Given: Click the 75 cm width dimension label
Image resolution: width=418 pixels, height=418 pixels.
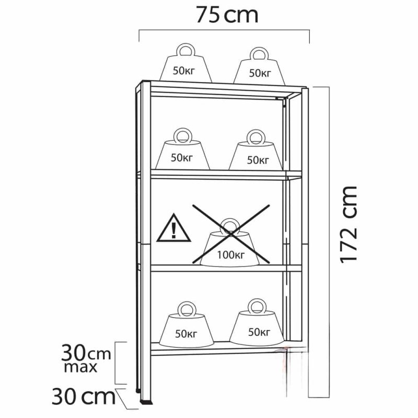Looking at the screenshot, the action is coord(227,15).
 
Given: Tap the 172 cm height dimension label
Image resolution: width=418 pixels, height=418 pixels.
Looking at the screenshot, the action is coord(348,225).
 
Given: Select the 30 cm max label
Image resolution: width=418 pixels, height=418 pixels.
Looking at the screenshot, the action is coord(86,358).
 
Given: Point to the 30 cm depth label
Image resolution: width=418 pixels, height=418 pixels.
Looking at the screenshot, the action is coord(84,397).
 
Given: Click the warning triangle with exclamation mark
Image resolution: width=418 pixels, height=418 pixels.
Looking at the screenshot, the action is coord(173,228).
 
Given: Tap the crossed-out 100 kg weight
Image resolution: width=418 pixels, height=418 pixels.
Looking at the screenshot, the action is coord(230,242).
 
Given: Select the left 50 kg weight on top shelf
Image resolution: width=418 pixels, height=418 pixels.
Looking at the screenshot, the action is coord(185,63).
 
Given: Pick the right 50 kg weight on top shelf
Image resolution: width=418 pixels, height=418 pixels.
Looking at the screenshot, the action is coord(259,66).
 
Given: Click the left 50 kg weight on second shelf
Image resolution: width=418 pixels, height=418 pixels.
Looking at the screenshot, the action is coord(182,149).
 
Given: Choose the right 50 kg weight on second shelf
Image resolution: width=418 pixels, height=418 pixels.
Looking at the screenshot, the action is coord(256,150).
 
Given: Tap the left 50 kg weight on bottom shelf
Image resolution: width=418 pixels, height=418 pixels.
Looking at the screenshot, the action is coord(187,324).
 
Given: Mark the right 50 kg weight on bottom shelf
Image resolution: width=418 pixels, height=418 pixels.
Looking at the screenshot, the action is coord(257,322).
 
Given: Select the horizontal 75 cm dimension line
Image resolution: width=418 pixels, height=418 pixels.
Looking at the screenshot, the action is coord(224,30).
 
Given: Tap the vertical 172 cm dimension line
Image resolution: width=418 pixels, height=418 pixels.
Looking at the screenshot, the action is coord(329,242).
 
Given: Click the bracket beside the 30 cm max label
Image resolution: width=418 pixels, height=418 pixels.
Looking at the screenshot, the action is coord(115,363).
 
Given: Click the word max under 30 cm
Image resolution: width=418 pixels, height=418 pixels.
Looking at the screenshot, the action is coord(80,367).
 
